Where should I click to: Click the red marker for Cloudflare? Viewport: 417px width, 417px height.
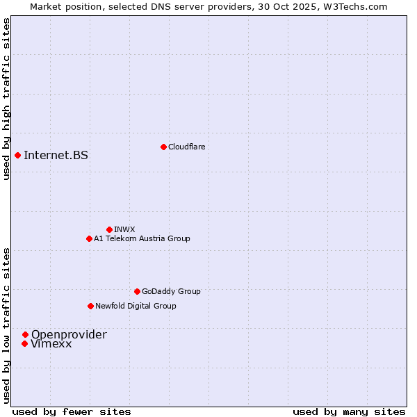pos(163,147)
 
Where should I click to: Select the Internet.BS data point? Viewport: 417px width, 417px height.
pos(17,155)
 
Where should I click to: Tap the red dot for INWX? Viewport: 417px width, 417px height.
pos(109,229)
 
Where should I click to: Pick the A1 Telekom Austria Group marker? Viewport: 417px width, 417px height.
pos(89,238)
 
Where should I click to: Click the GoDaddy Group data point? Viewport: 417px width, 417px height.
pos(137,291)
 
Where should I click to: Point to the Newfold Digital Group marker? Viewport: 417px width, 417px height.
pos(90,306)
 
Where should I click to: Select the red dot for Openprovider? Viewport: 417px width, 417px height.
pos(25,334)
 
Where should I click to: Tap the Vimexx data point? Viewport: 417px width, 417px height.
pos(24,343)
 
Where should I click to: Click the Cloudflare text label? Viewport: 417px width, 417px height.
pos(186,147)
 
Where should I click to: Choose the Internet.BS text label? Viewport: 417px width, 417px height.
pos(56,155)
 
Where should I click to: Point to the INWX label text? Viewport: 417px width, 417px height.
pos(124,229)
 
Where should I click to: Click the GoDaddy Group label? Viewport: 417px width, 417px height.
pos(171,291)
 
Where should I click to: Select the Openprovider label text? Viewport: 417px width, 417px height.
pos(69,334)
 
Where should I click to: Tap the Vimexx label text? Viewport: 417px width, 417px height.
pos(51,343)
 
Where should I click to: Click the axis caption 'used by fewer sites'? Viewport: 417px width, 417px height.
pos(72,411)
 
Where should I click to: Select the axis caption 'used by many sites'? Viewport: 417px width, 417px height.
pos(349,411)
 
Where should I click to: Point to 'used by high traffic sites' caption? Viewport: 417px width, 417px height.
pos(6,99)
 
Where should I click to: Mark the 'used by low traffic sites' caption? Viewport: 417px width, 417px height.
pos(6,325)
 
